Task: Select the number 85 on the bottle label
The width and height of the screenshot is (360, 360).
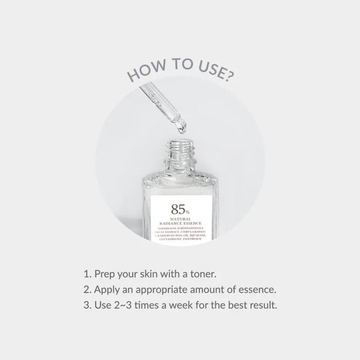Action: coord(177,209)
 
